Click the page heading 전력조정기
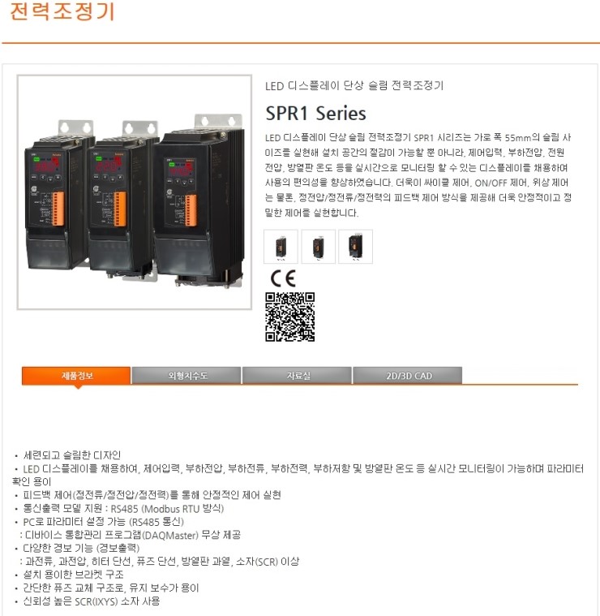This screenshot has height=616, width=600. click(62, 13)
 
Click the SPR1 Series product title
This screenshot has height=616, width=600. click(315, 113)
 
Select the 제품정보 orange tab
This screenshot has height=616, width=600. click(76, 375)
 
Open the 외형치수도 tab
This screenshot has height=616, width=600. click(186, 375)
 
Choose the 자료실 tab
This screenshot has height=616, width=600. click(297, 375)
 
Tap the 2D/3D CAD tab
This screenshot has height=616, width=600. click(407, 375)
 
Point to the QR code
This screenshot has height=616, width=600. click(289, 317)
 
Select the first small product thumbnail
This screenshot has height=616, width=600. click(281, 246)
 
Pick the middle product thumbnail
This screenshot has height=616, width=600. click(318, 246)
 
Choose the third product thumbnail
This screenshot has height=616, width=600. click(355, 246)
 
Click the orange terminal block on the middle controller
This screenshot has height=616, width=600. click(121, 209)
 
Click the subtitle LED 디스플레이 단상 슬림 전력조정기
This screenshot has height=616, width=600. click(354, 85)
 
